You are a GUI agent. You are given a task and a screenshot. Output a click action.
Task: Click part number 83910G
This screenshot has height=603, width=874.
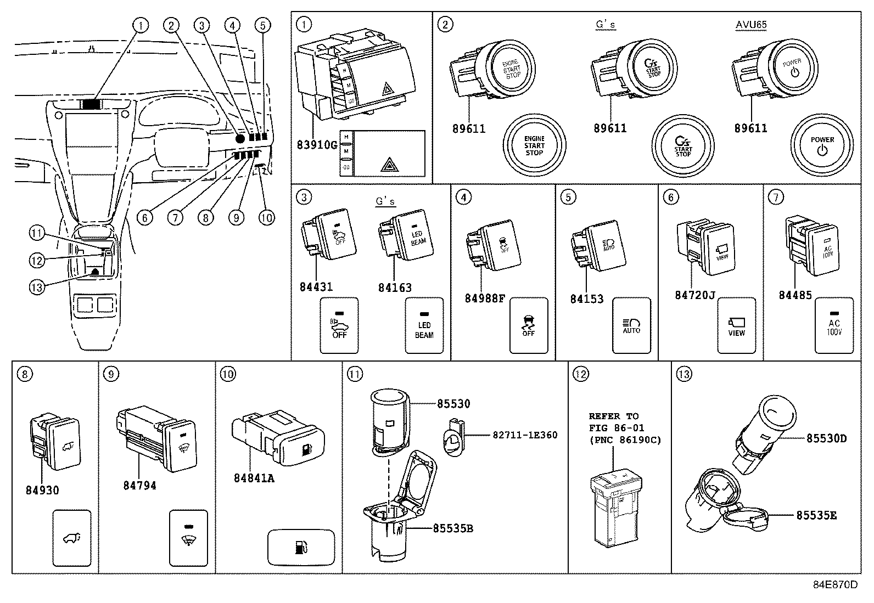[x=317, y=145]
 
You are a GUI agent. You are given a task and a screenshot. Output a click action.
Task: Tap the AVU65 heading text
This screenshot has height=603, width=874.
[x=750, y=25]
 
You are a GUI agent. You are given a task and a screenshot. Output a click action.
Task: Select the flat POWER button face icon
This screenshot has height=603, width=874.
[x=822, y=145]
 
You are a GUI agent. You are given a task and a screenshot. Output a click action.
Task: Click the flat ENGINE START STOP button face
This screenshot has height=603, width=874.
[x=534, y=145]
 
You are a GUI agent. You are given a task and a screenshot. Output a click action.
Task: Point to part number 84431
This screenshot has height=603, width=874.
[x=316, y=287]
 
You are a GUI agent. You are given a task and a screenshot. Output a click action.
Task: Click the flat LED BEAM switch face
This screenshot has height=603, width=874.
[x=424, y=326]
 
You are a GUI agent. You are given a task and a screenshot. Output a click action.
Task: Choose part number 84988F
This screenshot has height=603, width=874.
[x=484, y=298]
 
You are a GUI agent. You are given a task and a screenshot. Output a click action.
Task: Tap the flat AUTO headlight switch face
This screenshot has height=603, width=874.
[x=631, y=326]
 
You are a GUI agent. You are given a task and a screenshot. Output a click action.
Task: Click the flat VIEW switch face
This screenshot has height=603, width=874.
[x=736, y=326]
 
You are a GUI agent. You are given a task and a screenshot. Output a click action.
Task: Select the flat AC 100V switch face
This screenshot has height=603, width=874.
[x=834, y=326]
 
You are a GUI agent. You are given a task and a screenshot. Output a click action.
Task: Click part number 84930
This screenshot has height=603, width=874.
[x=42, y=490]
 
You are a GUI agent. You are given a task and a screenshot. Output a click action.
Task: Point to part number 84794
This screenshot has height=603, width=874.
[x=139, y=486]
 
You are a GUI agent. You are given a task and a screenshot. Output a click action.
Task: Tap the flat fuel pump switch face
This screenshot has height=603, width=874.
[x=301, y=547]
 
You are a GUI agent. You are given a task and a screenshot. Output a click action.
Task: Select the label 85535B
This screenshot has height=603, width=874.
[x=453, y=528]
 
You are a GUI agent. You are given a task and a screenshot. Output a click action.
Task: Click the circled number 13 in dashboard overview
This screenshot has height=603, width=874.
[x=36, y=288]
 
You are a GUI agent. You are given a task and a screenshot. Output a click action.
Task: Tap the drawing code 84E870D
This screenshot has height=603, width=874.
[x=835, y=584]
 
